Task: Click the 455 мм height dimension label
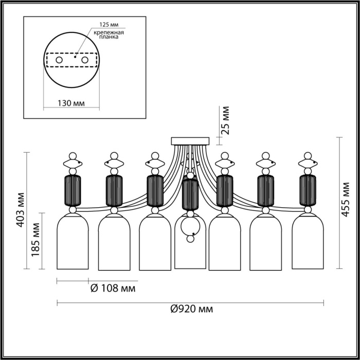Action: pos(349,201)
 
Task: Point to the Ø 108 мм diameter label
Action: pos(113,289)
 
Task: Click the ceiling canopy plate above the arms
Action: pos(190,141)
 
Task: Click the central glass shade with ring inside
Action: pos(190,244)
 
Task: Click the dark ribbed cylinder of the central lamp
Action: pos(190,195)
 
